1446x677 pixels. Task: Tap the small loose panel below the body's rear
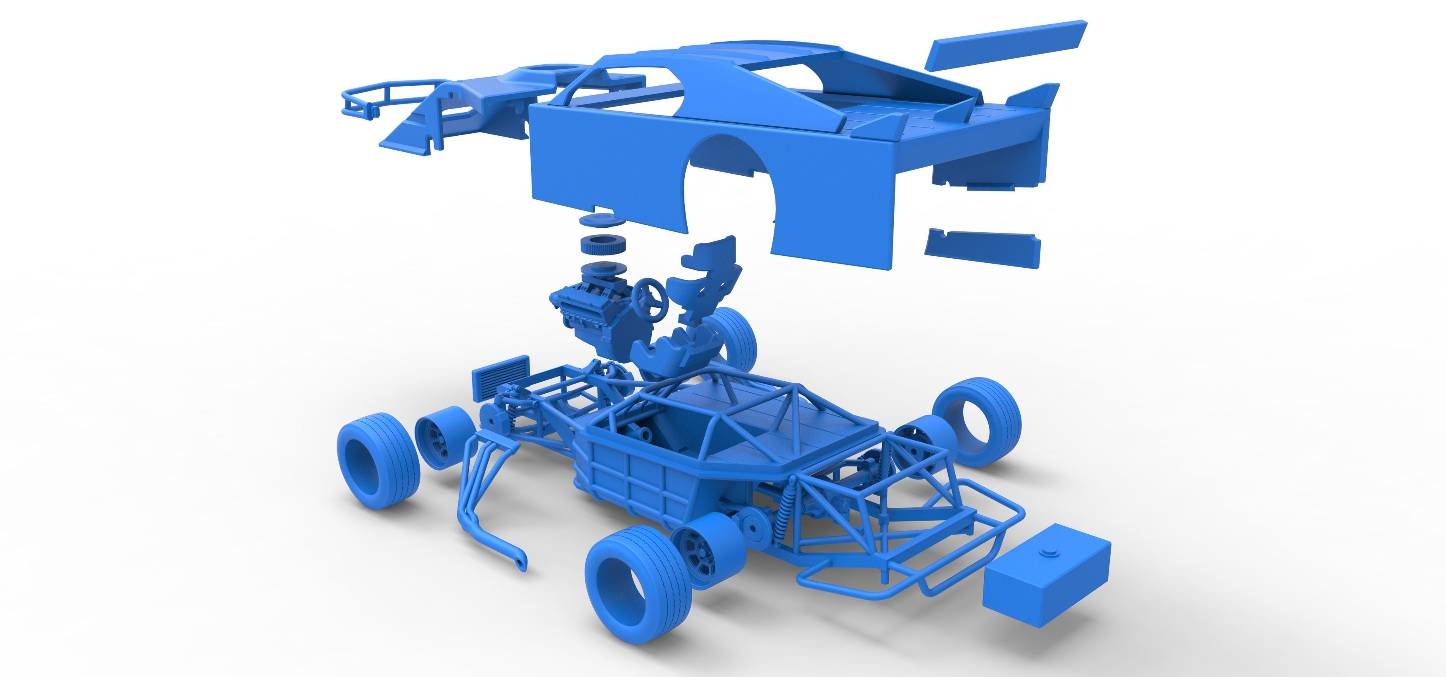click(982, 247)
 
